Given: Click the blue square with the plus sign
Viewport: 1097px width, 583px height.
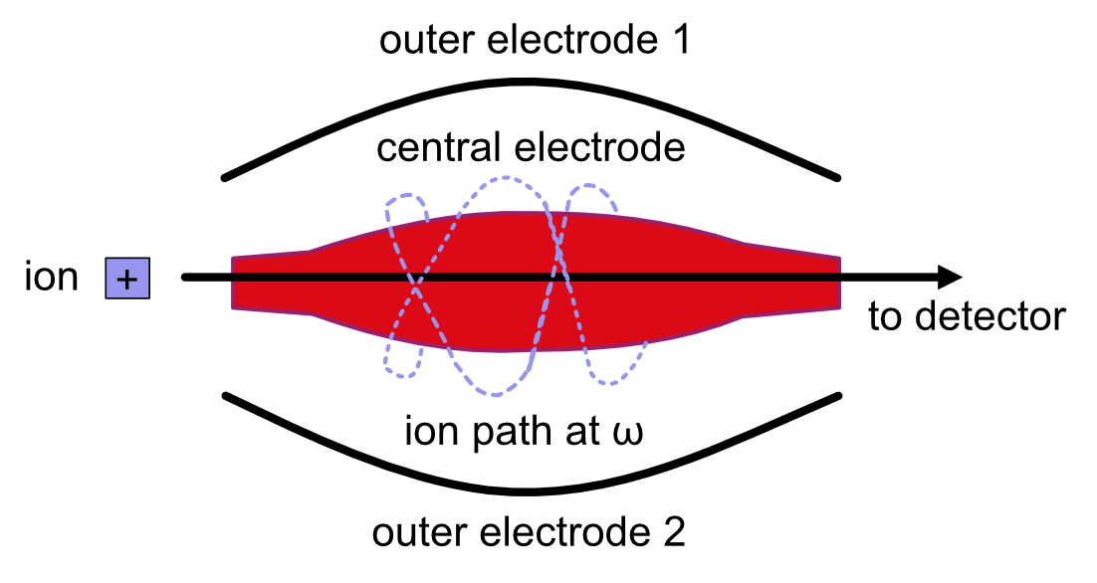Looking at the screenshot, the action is (x=127, y=279).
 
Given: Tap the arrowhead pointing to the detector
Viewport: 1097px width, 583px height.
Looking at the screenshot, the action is (x=950, y=278).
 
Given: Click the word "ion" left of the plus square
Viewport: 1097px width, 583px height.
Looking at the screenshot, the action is (x=51, y=277).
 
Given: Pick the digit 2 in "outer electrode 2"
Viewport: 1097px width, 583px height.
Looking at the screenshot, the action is (x=675, y=532).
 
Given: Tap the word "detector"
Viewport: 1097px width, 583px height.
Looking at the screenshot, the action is (x=989, y=316).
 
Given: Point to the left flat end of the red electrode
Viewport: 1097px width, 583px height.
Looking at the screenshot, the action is (x=233, y=284).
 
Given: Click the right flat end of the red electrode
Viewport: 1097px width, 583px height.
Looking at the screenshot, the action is (x=839, y=283).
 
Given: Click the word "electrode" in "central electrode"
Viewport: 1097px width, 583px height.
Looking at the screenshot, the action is (x=599, y=148).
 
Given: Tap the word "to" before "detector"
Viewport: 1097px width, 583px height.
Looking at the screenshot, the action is (x=887, y=317).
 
